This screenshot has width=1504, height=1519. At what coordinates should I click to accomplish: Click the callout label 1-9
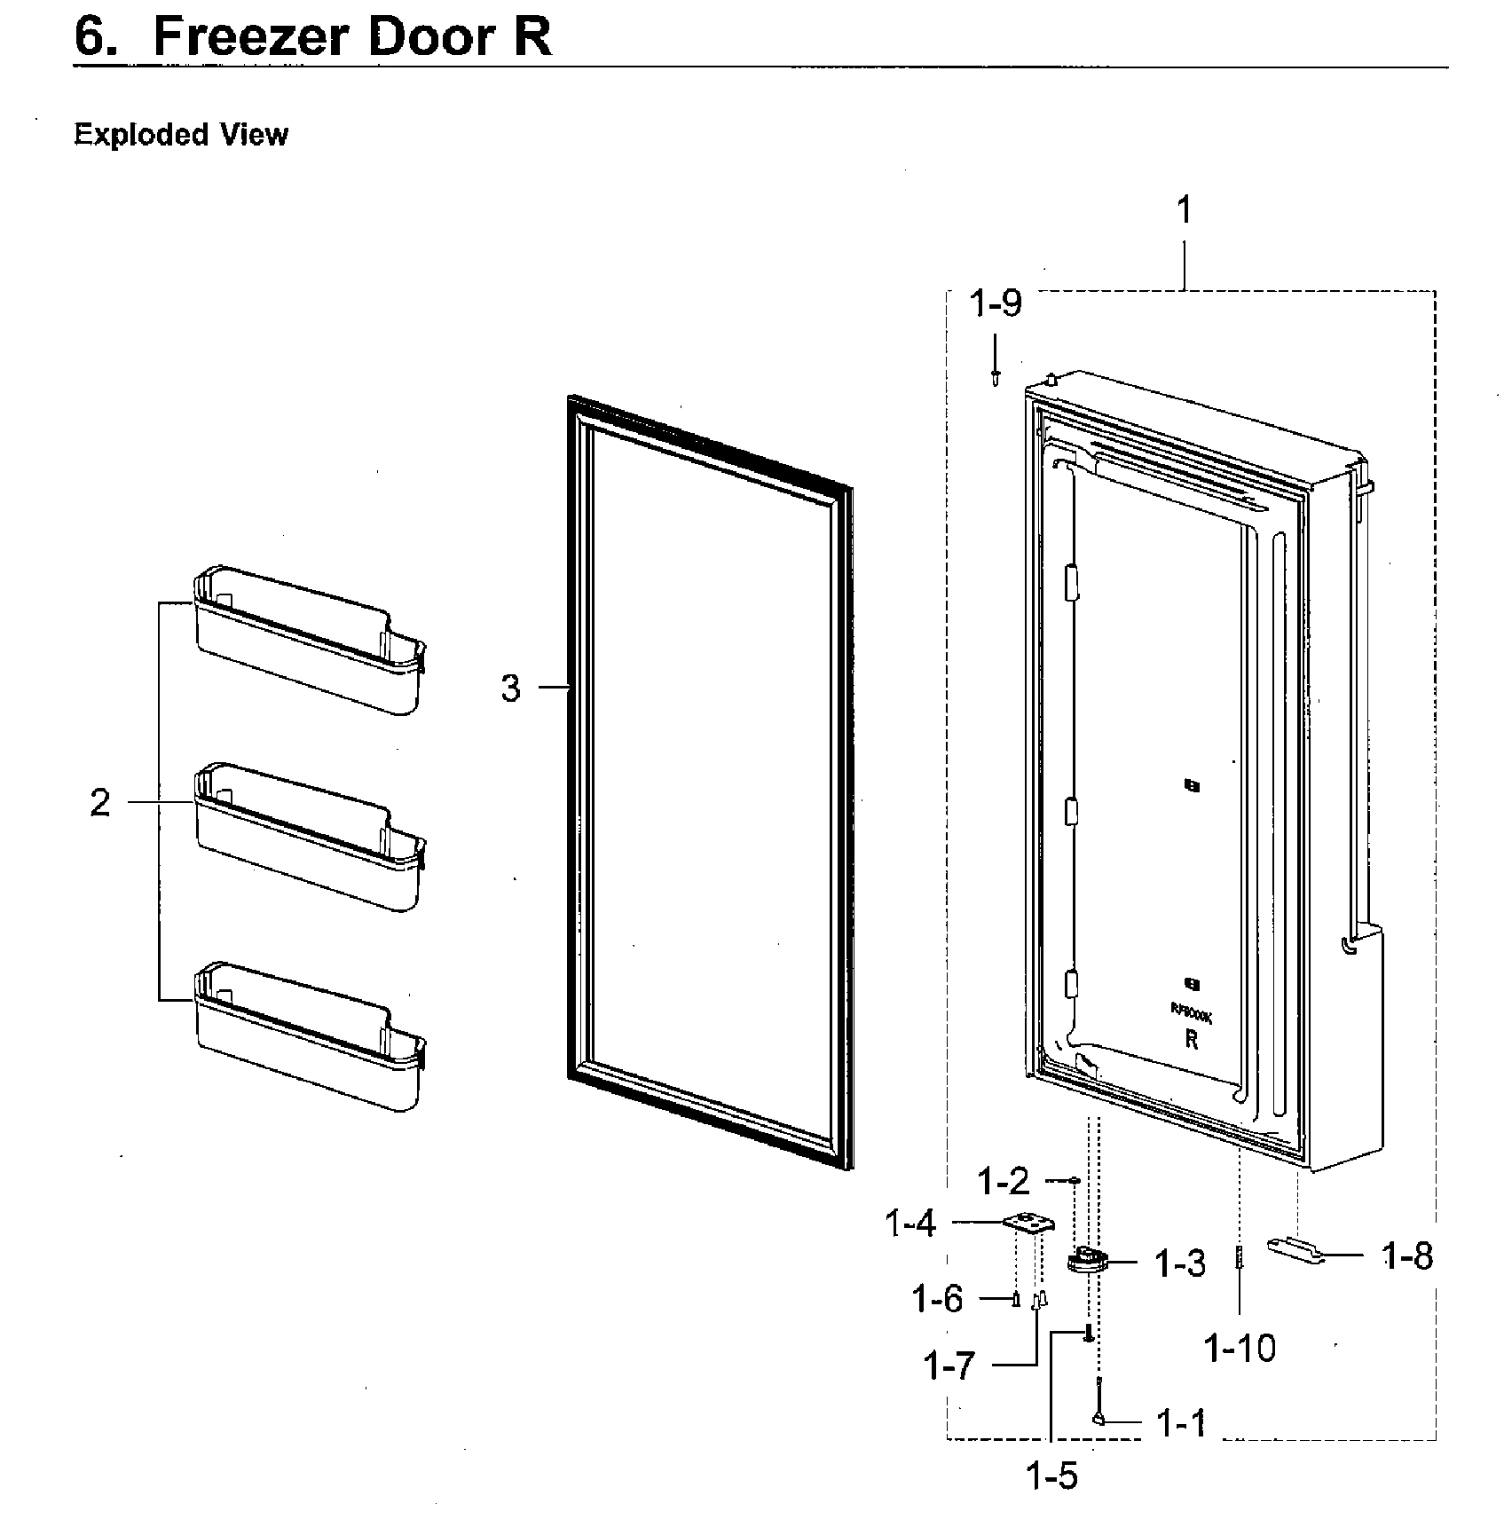(996, 304)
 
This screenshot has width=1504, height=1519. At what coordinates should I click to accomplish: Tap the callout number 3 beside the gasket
(510, 689)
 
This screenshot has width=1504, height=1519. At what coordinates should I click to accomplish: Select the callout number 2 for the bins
(100, 803)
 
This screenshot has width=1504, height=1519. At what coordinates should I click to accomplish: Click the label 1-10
(1240, 1349)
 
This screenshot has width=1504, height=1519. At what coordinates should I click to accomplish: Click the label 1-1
(1182, 1423)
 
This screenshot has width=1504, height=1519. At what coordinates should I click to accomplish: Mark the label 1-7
(949, 1366)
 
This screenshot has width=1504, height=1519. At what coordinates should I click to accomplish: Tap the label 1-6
(938, 1299)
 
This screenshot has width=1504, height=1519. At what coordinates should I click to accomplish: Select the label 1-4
(910, 1224)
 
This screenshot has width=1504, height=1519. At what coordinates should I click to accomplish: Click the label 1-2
(1003, 1181)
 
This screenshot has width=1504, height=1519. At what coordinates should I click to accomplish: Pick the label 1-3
(1180, 1263)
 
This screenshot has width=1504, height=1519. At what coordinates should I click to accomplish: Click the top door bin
(306, 643)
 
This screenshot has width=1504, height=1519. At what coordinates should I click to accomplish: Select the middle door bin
(306, 838)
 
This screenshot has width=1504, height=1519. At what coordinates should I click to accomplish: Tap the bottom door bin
(306, 1038)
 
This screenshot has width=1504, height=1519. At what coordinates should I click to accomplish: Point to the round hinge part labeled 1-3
(1087, 1260)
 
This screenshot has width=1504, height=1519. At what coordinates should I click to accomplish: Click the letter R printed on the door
(1191, 1040)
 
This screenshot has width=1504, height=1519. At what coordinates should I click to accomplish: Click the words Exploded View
(181, 135)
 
